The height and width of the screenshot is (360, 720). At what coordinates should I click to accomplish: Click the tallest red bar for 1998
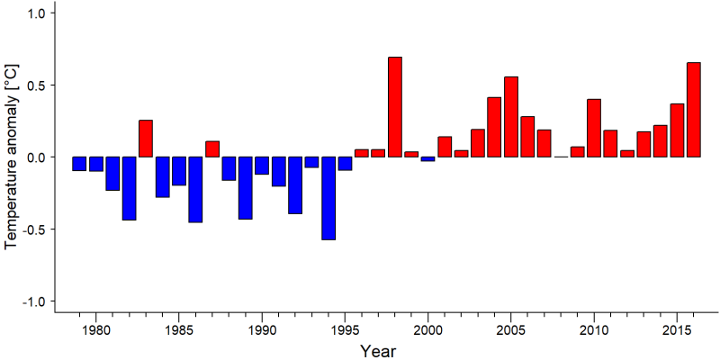click(395, 107)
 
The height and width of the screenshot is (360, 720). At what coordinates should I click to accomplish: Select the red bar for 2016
click(694, 110)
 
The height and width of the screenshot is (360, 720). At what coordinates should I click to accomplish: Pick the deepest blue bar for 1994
click(328, 198)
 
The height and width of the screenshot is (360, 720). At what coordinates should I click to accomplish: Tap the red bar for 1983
click(146, 139)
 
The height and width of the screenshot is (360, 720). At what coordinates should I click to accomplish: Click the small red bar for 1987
click(212, 149)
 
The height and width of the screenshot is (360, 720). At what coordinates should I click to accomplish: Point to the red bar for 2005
click(511, 117)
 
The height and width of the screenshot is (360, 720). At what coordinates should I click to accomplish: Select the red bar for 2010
click(594, 128)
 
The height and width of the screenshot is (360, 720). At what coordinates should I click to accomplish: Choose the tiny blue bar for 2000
click(428, 159)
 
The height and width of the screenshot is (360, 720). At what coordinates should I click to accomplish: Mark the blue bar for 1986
click(195, 190)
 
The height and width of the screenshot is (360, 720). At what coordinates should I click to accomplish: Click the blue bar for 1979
click(79, 164)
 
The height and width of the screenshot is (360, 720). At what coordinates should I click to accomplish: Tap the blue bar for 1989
click(245, 188)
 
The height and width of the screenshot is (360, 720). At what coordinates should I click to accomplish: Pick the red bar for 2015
click(678, 130)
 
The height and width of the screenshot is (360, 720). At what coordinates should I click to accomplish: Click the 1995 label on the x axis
click(345, 330)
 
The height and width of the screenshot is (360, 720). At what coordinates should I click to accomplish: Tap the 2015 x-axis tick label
click(678, 330)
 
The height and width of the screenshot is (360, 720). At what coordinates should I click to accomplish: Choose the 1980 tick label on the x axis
click(96, 330)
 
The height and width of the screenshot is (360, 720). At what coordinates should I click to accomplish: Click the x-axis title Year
click(377, 351)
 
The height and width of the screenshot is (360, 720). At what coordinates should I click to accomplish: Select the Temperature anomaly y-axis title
click(12, 157)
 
